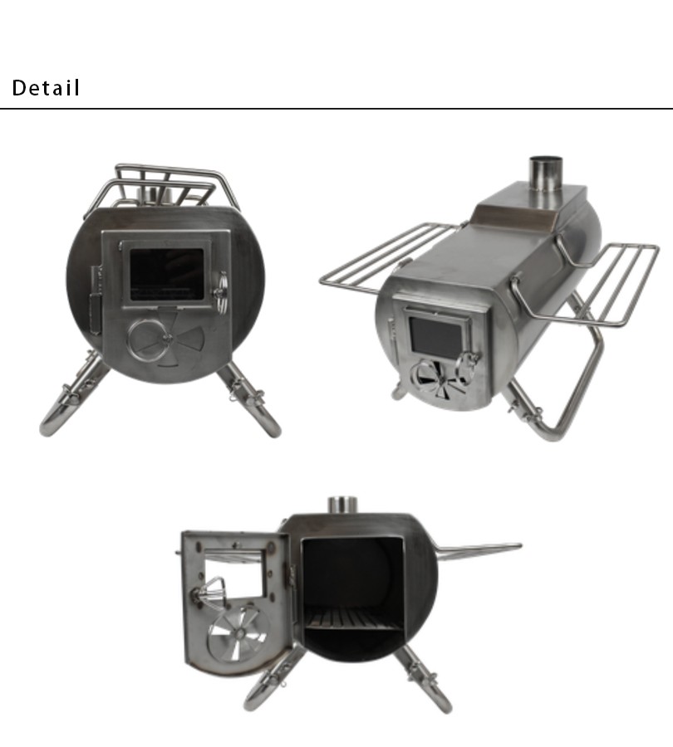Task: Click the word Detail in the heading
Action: [x=47, y=88]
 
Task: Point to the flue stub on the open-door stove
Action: [x=341, y=504]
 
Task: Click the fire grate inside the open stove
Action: [x=352, y=618]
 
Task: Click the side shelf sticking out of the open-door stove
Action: [x=479, y=549]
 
